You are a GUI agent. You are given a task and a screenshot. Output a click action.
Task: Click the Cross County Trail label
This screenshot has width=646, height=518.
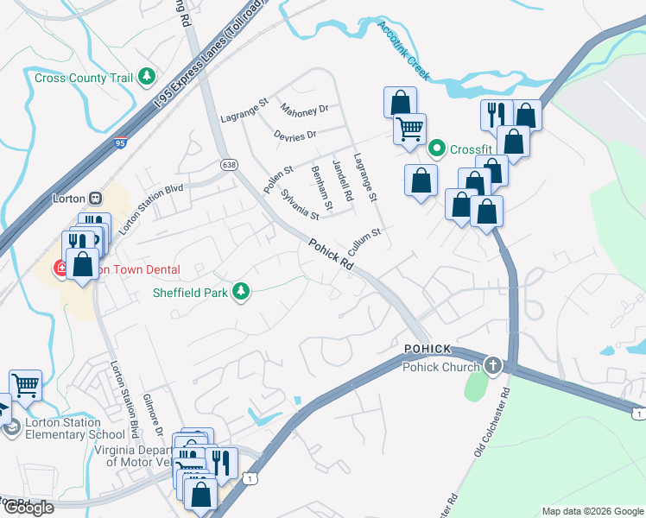(84, 78)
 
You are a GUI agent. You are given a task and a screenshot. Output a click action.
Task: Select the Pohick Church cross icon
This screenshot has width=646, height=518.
(492, 365)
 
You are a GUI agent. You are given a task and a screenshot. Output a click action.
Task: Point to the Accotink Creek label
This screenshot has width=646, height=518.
(402, 50)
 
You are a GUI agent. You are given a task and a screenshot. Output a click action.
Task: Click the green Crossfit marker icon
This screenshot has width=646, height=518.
(437, 149)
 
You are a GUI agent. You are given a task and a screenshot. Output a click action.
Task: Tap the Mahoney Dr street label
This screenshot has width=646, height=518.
(304, 110)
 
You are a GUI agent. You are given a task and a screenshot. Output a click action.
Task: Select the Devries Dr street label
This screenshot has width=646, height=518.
(295, 135)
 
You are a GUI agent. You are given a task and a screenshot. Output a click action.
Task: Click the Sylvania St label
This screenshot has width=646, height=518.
(301, 205)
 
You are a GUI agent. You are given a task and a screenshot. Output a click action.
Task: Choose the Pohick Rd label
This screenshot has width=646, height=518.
(332, 256)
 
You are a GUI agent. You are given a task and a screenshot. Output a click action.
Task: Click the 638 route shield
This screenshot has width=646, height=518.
(228, 165)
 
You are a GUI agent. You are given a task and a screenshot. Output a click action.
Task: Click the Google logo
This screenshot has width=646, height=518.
(28, 508)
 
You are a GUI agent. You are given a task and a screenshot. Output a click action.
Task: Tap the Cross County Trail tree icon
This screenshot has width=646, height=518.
(147, 78)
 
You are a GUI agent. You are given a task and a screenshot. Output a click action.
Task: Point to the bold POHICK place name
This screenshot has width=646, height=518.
(427, 348)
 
